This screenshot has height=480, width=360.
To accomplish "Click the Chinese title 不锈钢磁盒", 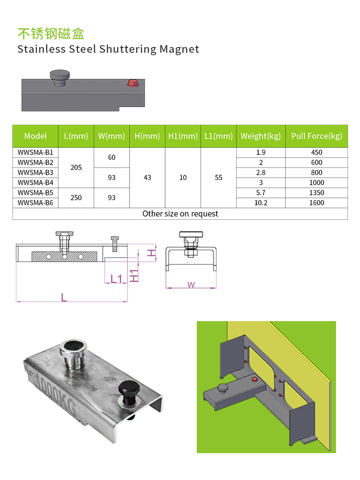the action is click(51, 34).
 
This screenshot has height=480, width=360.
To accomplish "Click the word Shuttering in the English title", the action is click(128, 49).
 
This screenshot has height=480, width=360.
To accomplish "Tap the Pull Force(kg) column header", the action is click(316, 136).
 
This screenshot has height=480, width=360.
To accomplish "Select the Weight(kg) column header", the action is click(261, 136).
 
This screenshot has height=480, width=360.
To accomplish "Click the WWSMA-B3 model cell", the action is click(36, 173).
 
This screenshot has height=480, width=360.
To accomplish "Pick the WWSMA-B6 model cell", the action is click(36, 203).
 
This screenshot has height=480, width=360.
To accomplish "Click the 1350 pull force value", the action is click(316, 193).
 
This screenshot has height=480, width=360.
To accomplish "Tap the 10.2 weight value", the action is click(261, 203).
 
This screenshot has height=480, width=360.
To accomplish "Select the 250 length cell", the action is click(76, 198).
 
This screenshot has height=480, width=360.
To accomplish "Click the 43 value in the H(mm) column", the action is click(147, 178).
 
